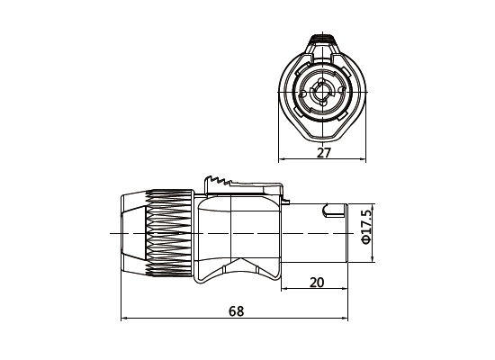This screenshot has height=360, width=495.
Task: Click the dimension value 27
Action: (x=324, y=152)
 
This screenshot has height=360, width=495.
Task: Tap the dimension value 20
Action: (x=316, y=282)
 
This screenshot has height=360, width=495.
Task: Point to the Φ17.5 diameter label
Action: (x=366, y=232)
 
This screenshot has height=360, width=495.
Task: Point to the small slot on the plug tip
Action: (x=336, y=213)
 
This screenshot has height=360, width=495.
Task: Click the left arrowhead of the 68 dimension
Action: (x=123, y=319)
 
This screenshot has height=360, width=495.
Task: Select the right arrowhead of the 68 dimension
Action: (x=346, y=319)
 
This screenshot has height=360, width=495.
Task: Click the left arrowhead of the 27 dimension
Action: (x=283, y=161)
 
